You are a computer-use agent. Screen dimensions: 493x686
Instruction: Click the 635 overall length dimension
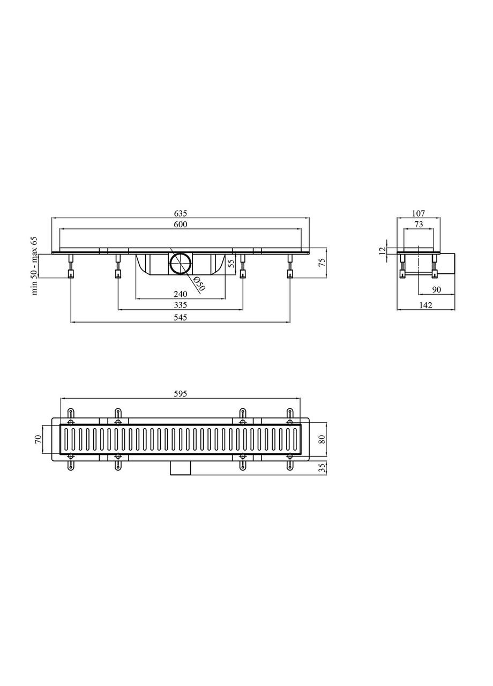(181, 213)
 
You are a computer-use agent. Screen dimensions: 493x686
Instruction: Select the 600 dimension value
(181, 225)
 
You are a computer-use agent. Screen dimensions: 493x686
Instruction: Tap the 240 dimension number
(180, 294)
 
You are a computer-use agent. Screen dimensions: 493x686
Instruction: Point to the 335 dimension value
(180, 305)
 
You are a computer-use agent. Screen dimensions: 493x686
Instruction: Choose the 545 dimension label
(180, 318)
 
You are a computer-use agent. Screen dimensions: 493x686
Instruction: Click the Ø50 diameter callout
(199, 283)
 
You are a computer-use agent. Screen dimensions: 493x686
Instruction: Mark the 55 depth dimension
(231, 263)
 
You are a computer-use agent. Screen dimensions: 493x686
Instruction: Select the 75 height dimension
(322, 263)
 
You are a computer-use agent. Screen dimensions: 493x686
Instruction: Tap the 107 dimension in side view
(419, 213)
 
